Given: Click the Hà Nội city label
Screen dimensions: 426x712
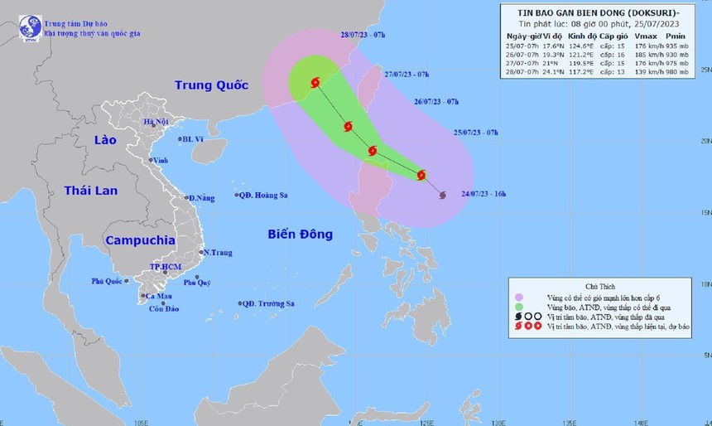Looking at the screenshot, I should click(x=156, y=122).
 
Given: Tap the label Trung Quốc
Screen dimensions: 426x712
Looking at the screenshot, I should click(x=207, y=85).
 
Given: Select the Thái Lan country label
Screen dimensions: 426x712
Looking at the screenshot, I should click(x=91, y=191).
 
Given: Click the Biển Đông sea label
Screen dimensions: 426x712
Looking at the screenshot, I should click(x=300, y=234).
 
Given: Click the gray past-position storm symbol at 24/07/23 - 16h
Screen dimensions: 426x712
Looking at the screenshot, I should click(x=441, y=195).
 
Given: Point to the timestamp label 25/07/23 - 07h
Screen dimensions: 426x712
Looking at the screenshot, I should click(x=476, y=133).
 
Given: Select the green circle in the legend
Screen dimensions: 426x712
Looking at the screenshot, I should click(x=519, y=307).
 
